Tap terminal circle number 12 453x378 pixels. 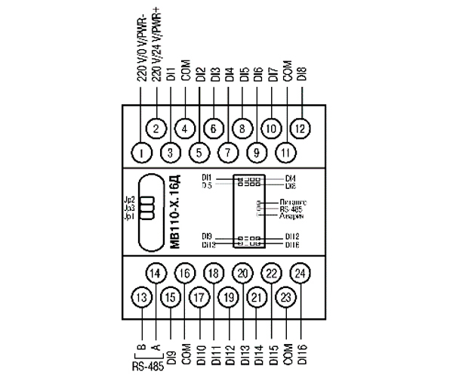[300, 129]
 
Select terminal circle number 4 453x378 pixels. [184, 129]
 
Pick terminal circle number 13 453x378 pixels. [141, 299]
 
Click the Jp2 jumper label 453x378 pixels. [129, 199]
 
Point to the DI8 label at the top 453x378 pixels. [301, 74]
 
